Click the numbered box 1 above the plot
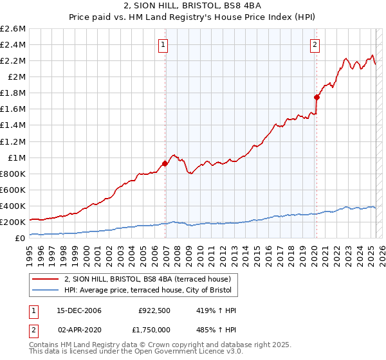coord(163,45)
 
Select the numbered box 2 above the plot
coord(315,45)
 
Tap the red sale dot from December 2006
coord(165,163)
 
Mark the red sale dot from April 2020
coord(317,97)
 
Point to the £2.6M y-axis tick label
coord(13,29)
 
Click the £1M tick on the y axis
coord(16,157)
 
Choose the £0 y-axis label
coord(21,238)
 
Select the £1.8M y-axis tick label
coord(13,93)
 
